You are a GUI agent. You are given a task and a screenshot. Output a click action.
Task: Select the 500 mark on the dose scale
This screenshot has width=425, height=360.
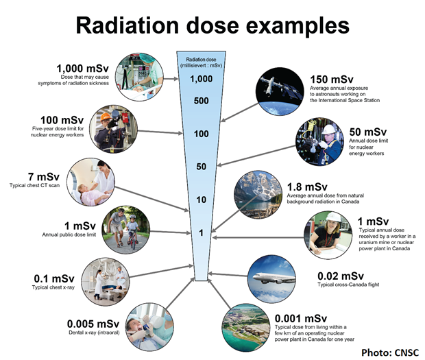(201, 101)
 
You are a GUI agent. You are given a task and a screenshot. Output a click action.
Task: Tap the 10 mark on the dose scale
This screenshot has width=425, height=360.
(201, 200)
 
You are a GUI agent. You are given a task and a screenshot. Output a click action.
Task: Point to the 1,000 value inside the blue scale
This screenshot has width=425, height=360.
(201, 79)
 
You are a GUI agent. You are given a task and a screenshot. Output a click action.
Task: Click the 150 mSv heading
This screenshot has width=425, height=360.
(332, 79)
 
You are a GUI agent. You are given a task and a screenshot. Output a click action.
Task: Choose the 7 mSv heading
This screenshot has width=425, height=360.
(44, 176)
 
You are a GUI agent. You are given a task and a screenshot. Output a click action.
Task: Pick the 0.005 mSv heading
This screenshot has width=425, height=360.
(93, 324)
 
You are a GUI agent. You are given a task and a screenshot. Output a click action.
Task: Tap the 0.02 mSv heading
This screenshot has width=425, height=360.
(341, 276)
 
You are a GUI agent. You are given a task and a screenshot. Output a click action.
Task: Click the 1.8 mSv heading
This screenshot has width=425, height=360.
(307, 187)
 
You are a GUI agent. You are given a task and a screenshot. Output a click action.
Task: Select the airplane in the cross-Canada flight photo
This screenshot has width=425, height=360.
(274, 278)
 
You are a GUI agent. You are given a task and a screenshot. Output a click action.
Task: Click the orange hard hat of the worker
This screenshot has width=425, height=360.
(105, 117)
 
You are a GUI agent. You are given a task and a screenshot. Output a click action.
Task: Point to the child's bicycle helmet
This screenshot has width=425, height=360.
(132, 217)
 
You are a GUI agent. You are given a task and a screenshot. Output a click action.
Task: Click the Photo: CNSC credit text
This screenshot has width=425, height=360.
(390, 352)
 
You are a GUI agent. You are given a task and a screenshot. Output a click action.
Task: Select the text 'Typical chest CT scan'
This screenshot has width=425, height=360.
(34, 185)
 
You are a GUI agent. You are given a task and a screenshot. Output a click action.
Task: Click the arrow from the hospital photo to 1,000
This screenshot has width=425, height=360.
(171, 79)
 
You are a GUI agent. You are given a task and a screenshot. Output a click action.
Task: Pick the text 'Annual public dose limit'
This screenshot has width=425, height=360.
(69, 235)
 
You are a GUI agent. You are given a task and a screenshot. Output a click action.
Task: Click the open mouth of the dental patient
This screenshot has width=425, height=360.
(140, 328)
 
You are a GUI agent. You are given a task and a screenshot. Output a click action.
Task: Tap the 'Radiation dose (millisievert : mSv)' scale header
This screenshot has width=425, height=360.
(201, 62)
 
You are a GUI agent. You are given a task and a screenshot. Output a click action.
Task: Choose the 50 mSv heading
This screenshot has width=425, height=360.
(368, 132)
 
